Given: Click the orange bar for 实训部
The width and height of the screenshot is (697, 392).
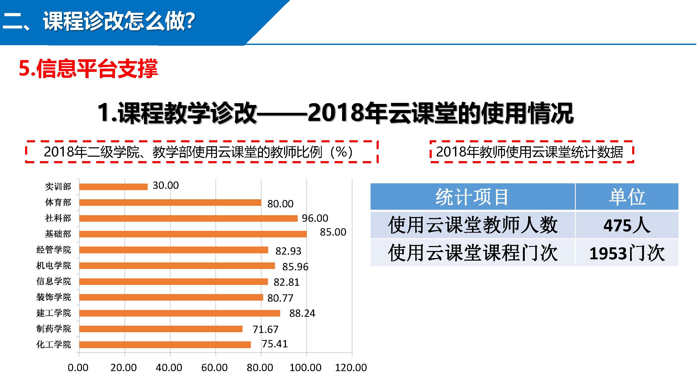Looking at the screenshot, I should tap(113, 187).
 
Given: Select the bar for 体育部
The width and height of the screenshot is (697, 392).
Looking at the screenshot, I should tap(170, 202).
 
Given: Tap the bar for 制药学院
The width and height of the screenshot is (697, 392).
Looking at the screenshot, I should tap(161, 329).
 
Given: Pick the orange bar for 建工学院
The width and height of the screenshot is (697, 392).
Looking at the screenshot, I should tap(180, 313).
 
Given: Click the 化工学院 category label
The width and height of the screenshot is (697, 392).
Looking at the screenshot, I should tap(54, 345).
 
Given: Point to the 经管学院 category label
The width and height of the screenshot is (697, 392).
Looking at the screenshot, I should tap(54, 250).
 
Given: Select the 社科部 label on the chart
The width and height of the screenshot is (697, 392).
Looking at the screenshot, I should tap(58, 218).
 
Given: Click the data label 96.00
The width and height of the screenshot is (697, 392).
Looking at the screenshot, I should tap(315, 218).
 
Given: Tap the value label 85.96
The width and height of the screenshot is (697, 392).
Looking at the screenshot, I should tap(295, 267).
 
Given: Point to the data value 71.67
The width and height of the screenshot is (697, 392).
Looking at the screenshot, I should tap(265, 330).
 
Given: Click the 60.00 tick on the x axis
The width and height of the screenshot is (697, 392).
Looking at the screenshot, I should tap(214, 368).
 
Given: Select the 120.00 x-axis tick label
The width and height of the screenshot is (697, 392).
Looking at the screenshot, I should tap(351, 368).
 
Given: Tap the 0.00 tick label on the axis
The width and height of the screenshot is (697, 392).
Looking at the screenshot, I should tap(78, 368).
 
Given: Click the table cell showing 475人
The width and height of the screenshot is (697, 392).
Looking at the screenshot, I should tap(627, 225).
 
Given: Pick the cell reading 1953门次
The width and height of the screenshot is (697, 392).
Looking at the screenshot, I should tap(627, 253).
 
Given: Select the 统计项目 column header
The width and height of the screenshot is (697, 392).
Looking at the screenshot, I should tap(472, 197).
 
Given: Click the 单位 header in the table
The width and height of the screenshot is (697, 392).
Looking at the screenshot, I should tap(627, 197).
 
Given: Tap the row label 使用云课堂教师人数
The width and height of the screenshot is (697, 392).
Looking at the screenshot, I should tap(472, 225).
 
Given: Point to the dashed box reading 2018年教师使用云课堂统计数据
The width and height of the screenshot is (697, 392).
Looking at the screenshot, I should tap(532, 152).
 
